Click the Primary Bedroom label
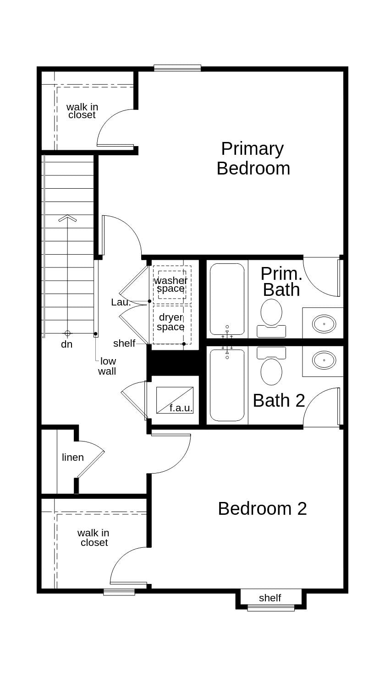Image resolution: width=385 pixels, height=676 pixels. (x=253, y=158)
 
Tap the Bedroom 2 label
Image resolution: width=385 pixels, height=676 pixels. (x=262, y=508)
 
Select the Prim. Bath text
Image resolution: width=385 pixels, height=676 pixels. (x=281, y=282)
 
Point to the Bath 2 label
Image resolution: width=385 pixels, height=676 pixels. (x=279, y=400)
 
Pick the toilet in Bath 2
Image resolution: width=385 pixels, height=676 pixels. (x=271, y=366)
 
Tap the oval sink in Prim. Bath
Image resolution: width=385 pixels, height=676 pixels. (x=324, y=323)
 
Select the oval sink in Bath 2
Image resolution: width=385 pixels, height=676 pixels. (x=324, y=360)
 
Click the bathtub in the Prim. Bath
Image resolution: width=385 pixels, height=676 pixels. (x=227, y=299)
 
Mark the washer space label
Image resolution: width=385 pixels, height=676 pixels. (x=170, y=284)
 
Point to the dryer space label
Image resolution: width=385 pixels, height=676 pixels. (x=170, y=322)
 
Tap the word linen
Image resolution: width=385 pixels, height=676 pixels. (x=73, y=457)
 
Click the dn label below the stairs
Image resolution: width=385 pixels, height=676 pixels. (x=67, y=344)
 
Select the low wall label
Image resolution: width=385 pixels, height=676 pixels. (x=107, y=366)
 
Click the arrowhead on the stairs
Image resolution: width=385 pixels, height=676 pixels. (x=67, y=218)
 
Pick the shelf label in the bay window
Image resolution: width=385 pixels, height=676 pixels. (x=270, y=598)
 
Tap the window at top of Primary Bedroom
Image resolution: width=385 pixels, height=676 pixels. (x=177, y=68)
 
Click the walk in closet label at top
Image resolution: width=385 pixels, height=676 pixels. (x=82, y=111)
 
